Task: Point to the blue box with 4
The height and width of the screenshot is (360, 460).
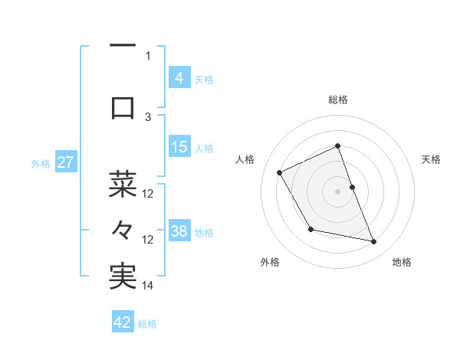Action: (x=179, y=77)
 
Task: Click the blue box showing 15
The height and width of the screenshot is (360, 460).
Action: (x=179, y=147)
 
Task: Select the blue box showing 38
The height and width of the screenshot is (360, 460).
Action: (x=179, y=231)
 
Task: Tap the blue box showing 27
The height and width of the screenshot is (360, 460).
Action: (x=65, y=162)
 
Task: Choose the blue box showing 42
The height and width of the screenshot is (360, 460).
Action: (x=123, y=322)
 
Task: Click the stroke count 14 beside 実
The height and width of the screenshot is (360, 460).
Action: (x=148, y=285)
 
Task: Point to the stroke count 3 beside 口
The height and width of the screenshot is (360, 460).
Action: (x=148, y=116)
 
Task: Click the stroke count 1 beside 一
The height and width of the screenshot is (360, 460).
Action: (x=148, y=55)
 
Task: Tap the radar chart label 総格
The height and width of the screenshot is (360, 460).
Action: (x=338, y=100)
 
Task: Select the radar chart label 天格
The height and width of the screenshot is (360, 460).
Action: (x=431, y=159)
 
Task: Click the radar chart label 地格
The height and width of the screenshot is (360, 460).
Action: (x=402, y=263)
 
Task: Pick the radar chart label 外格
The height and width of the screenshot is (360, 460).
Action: (x=270, y=263)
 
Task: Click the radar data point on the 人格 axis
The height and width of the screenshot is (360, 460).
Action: (x=280, y=172)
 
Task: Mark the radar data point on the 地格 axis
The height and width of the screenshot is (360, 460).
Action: (x=374, y=242)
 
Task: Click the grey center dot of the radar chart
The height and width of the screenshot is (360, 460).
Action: (x=338, y=191)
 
